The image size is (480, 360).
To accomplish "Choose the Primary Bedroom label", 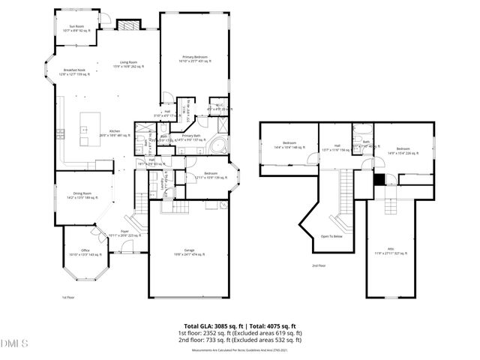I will (x=193, y=58).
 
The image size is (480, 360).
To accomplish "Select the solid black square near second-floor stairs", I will (x=379, y=178).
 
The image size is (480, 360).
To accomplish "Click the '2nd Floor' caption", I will (x=319, y=265).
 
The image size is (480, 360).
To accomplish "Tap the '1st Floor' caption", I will (x=68, y=297).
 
